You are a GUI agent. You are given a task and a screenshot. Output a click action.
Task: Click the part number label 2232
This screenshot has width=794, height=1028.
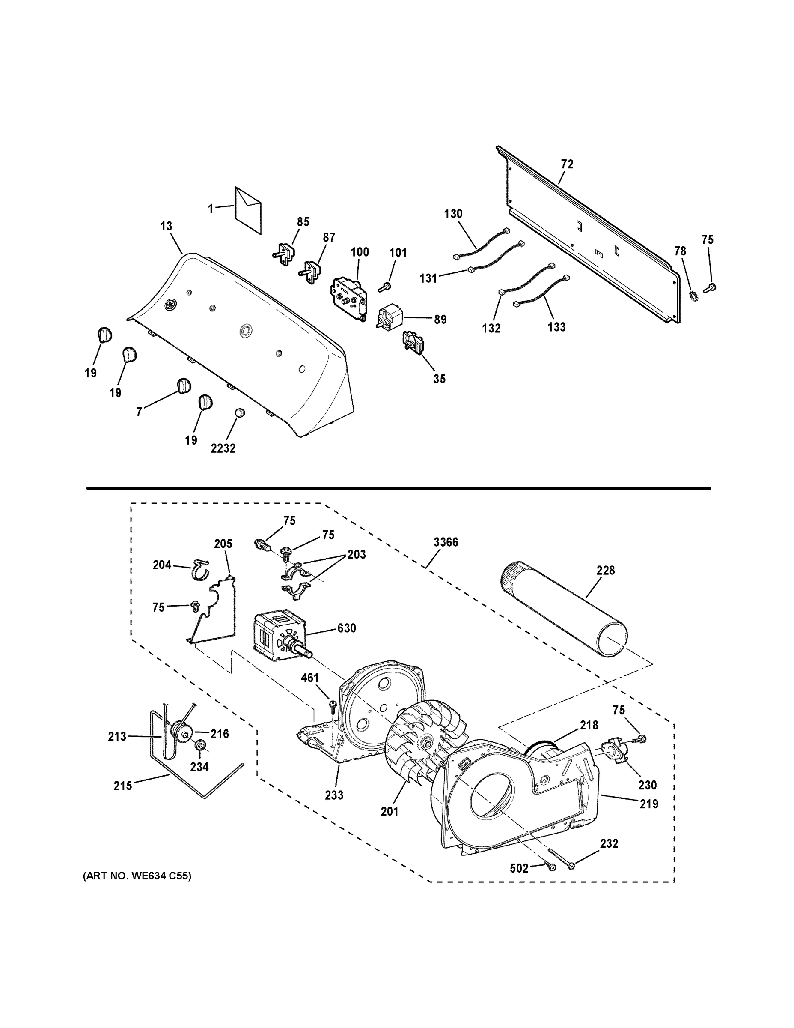pyautogui.click(x=223, y=448)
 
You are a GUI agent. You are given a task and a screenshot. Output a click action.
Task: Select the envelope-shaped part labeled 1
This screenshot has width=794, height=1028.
pyautogui.click(x=248, y=210)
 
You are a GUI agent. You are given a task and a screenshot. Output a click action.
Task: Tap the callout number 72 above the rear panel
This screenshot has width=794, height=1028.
pyautogui.click(x=567, y=164)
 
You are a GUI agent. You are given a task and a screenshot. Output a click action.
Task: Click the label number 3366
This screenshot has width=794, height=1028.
pyautogui.click(x=446, y=542)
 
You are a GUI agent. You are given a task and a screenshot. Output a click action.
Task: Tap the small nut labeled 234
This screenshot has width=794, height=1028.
pyautogui.click(x=200, y=745)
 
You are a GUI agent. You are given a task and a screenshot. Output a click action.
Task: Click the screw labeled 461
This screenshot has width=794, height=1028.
pyautogui.click(x=333, y=718)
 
